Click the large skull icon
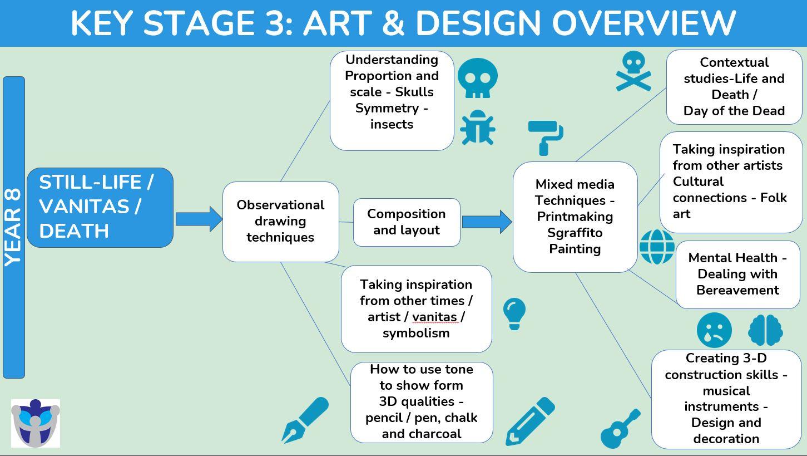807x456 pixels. tap(478, 78)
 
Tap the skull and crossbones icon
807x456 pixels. tap(633, 71)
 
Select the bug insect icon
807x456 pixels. tap(478, 128)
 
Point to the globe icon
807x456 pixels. tap(657, 247)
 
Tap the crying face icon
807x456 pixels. tap(714, 330)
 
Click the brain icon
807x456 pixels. tap(765, 330)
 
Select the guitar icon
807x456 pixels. tap(620, 429)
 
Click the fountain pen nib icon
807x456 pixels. tap(305, 420)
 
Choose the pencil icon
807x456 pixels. tap(531, 421)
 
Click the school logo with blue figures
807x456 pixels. tap(35, 423)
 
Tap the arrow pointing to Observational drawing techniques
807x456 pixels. tap(199, 219)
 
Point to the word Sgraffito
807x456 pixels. tap(575, 233)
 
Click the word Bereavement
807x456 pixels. tap(737, 290)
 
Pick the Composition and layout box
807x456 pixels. tap(407, 222)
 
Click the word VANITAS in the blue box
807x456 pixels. tap(84, 207)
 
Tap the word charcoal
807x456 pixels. tap(439, 434)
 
